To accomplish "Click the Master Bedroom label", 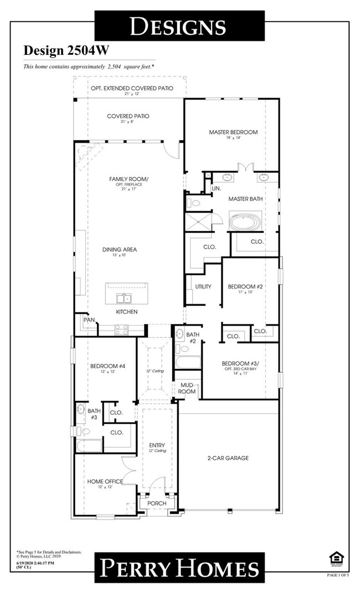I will [x=233, y=132].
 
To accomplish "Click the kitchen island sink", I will [x=123, y=299].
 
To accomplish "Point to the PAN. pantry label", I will [x=89, y=320].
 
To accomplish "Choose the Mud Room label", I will [x=187, y=388].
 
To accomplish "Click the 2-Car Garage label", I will [x=229, y=458].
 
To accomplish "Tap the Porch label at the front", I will [x=157, y=503].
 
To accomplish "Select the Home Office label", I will [x=105, y=481].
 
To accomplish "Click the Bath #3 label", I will [x=94, y=414].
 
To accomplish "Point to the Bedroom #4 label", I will [x=105, y=366].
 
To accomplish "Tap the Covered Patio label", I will [x=128, y=116].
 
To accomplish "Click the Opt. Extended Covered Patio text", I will [x=131, y=88].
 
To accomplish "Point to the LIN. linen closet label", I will [x=216, y=189].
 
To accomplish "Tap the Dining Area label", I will [x=119, y=250].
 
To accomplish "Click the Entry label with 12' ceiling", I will [x=157, y=445].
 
